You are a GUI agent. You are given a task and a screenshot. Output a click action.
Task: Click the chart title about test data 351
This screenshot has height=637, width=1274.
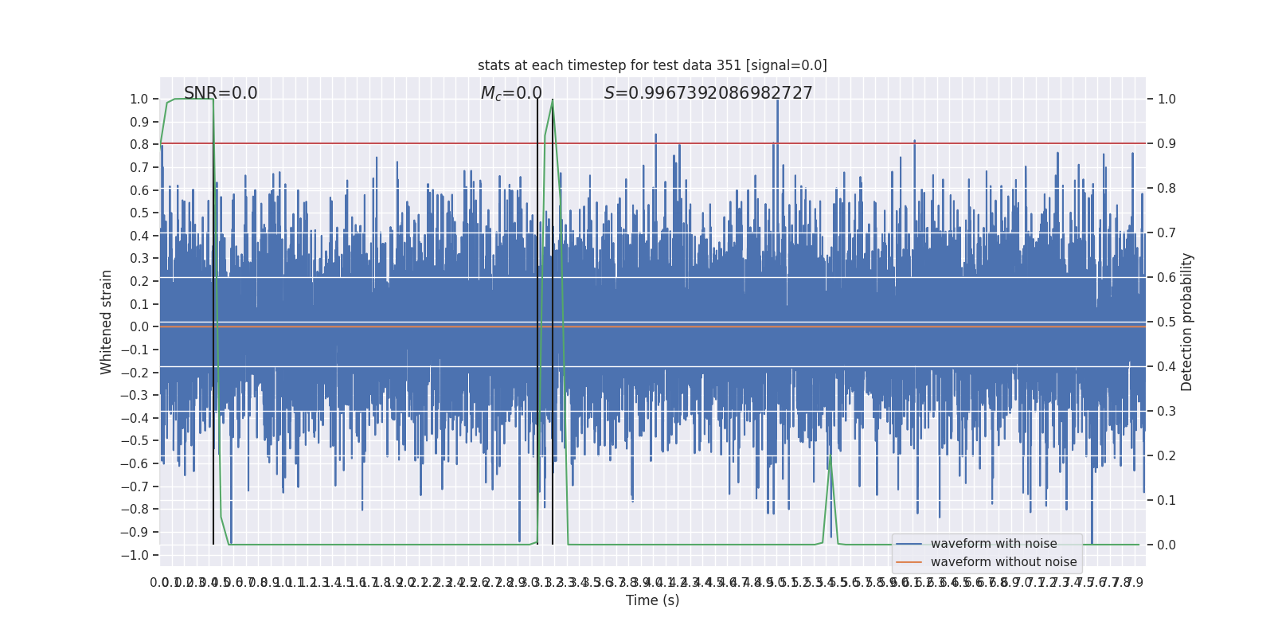pos(652,65)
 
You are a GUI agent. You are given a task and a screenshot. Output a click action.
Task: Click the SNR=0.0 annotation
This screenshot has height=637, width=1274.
pos(221,93)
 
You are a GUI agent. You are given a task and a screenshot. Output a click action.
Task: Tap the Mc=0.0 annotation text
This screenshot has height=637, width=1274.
pos(511,93)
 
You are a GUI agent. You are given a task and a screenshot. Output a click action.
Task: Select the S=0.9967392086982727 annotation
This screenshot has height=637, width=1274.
pos(708,93)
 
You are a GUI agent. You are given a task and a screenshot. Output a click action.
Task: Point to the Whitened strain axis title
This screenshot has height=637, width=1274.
pos(107,322)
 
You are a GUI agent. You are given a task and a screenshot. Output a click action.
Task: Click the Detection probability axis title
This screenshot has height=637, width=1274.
pos(1187,322)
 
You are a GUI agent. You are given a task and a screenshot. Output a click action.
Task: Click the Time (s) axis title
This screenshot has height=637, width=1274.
pos(652,600)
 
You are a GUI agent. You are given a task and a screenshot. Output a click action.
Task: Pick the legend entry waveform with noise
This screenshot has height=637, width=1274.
pos(993,544)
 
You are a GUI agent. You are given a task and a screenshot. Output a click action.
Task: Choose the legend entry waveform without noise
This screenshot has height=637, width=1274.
pos(1003,562)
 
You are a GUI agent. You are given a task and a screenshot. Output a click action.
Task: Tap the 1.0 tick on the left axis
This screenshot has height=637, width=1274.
pos(139,100)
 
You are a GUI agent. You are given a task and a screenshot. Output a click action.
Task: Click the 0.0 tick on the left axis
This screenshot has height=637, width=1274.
pos(139,327)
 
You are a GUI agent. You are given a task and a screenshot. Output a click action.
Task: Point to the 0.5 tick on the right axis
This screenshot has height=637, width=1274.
pos(1167,322)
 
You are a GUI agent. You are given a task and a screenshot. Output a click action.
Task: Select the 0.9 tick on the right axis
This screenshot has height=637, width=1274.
pos(1167,144)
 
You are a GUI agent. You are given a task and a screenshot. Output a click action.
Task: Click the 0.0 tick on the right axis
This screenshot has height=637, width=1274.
pos(1167,545)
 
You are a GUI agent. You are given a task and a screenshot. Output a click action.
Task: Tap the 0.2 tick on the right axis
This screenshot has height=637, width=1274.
pos(1167,456)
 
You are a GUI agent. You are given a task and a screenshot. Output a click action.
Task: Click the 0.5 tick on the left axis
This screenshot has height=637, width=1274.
pos(139,213)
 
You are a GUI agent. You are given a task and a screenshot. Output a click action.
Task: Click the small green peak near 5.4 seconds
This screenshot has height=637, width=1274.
pos(830,457)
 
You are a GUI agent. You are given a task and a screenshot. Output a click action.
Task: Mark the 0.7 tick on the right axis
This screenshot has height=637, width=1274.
pos(1167,233)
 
